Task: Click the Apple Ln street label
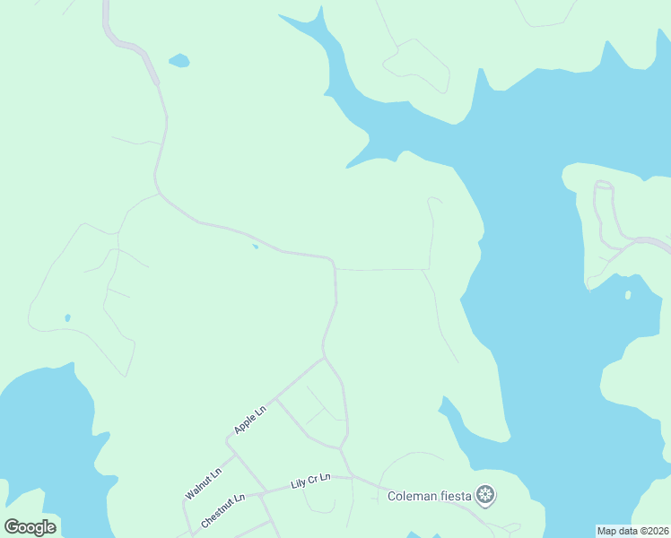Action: pos(250,421)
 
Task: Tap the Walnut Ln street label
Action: pos(203,482)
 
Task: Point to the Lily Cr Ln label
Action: pos(310,481)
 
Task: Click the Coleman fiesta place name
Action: pos(430,496)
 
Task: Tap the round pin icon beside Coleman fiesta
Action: pos(485,495)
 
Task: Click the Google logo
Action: pos(30,526)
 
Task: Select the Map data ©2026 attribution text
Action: pos(632,530)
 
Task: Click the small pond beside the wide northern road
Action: pos(179,61)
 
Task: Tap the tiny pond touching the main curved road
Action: pos(256,246)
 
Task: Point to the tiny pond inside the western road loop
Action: pos(67,317)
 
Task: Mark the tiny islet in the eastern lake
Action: pos(628,294)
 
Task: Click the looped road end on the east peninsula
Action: pos(604,187)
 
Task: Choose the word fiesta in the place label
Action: pos(457,496)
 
